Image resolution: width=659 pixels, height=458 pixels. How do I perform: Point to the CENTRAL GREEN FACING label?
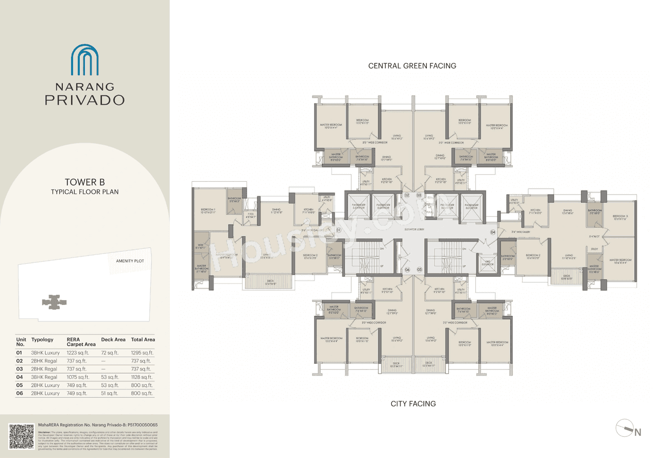412,65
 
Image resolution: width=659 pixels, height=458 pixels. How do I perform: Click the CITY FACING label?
413,404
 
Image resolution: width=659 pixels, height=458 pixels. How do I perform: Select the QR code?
21,436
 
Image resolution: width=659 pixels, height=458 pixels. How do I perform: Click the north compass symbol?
629,430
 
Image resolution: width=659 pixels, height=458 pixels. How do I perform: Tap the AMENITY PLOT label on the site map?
130,261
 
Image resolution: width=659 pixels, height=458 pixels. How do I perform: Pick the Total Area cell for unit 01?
142,353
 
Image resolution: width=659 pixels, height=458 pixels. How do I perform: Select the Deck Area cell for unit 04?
109,377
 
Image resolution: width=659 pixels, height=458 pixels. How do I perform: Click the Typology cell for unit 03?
44,369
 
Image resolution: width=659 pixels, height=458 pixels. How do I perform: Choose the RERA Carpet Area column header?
81,342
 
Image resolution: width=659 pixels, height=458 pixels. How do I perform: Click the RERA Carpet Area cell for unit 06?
78,393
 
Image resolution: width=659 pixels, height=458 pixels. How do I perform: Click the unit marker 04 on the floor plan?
493,232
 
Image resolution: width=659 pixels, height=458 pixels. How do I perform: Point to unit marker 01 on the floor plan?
338,229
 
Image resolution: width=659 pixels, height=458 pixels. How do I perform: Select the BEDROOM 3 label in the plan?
620,217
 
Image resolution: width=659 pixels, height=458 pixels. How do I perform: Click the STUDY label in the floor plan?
594,249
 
